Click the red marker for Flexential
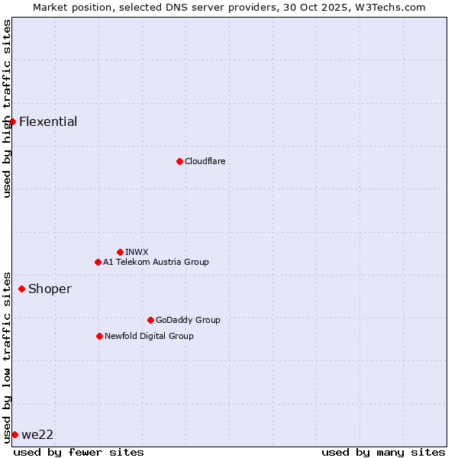[12, 121]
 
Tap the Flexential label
[48, 121]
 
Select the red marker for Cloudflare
[179, 161]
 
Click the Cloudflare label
[205, 161]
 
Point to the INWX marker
[120, 252]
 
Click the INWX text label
[137, 252]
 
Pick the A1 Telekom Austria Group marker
[98, 262]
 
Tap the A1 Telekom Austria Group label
[156, 262]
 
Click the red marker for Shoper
[21, 289]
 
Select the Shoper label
[50, 289]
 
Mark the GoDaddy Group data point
[150, 320]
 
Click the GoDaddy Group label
[188, 320]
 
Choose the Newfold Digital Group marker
[99, 336]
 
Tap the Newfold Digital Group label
[149, 336]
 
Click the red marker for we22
[15, 434]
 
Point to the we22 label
[37, 434]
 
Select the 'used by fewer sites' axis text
[79, 452]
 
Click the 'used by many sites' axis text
[383, 452]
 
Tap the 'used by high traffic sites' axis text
[7, 108]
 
